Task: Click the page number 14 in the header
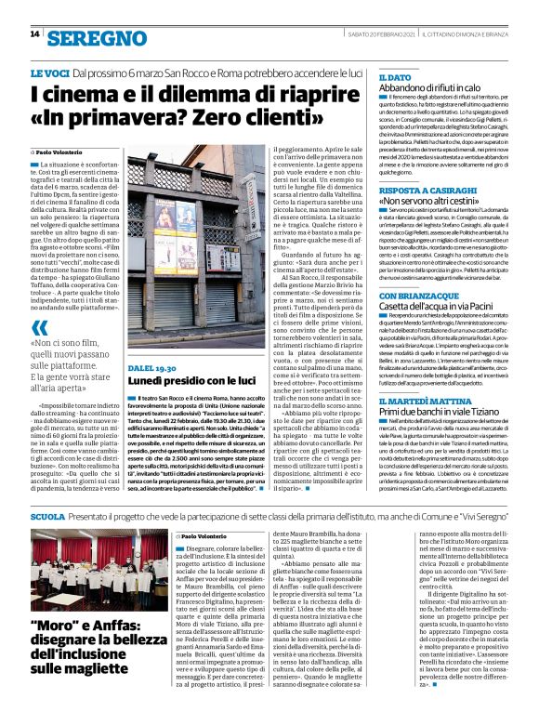pos(34,34)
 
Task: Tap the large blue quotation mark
pos(38,301)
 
